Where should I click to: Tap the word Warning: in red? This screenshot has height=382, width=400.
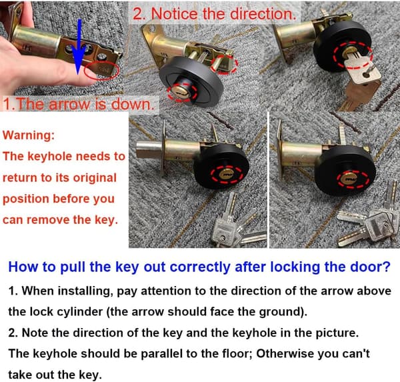pos(29,135)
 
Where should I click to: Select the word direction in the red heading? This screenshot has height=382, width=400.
pos(262,14)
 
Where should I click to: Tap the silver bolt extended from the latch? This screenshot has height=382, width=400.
pos(149,149)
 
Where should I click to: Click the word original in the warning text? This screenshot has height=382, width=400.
pos(95,178)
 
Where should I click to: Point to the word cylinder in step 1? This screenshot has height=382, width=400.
pos(79,312)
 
